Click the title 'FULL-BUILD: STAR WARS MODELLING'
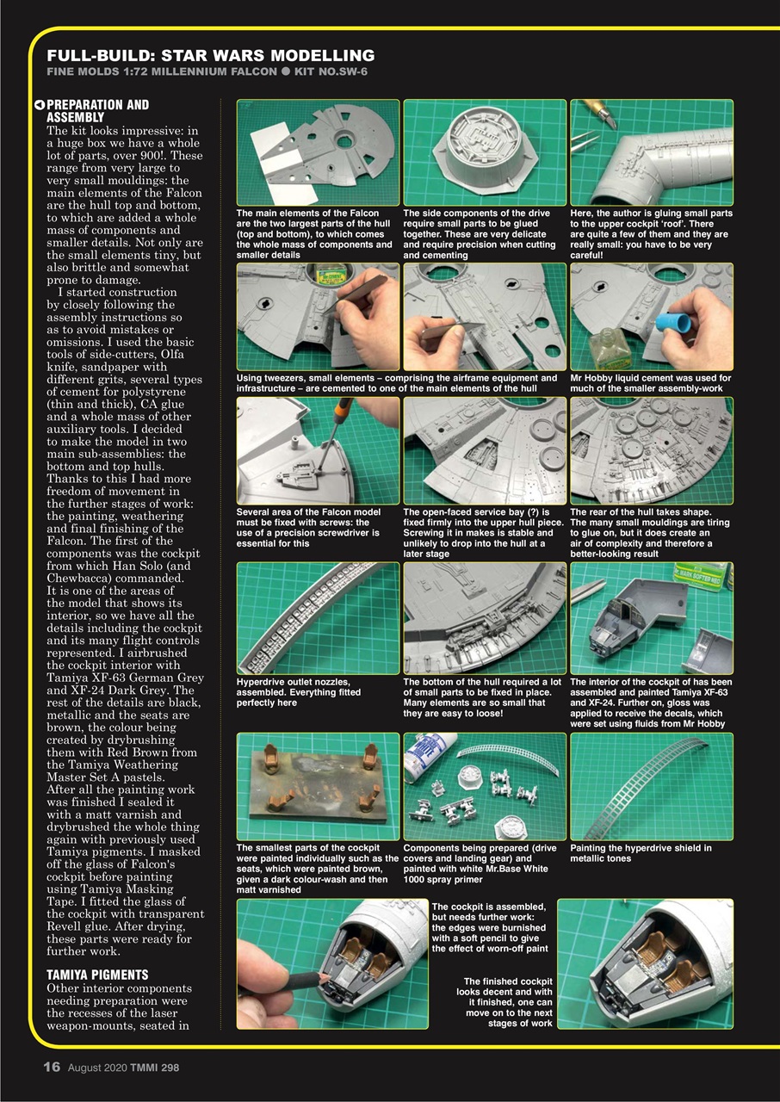click(210, 56)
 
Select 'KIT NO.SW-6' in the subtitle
click(331, 71)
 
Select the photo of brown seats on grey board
click(317, 786)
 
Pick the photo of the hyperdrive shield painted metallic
click(651, 786)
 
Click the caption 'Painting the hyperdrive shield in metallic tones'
click(641, 853)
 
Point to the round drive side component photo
click(484, 152)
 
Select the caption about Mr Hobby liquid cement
click(650, 383)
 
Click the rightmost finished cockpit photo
click(645, 963)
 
